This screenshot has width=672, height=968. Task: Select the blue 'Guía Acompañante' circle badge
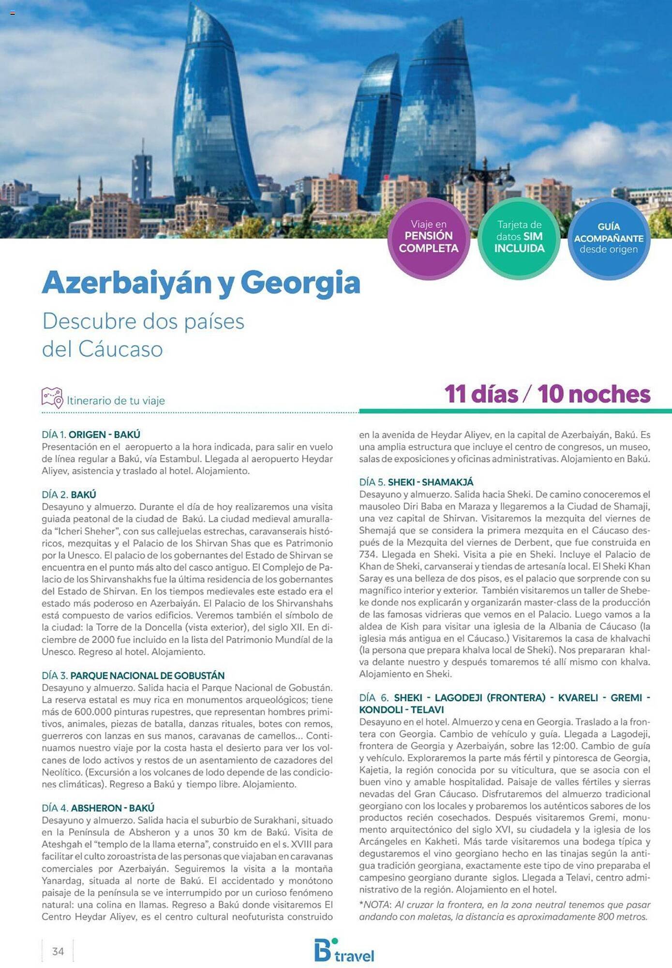coord(609,238)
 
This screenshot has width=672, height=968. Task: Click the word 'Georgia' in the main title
coord(300,283)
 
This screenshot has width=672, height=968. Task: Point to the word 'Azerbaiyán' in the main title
coord(127,283)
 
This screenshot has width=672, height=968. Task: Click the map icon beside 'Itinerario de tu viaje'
coord(52,398)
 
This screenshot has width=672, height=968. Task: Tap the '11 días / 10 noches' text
coord(547,394)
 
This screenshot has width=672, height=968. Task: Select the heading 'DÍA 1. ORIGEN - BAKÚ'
coord(91,435)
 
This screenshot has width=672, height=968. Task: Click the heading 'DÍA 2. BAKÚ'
coord(69,495)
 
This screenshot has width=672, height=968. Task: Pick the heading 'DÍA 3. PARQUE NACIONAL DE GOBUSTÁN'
coord(133,676)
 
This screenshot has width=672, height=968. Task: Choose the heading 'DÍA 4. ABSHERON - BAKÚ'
coord(98,808)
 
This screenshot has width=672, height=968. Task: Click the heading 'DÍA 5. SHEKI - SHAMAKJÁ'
coord(416,483)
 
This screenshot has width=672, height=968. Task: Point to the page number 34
coord(58,952)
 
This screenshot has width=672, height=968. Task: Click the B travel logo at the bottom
coord(344,951)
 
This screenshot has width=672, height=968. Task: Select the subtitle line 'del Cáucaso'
coord(102,349)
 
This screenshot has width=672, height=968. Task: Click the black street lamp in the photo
coord(484,184)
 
